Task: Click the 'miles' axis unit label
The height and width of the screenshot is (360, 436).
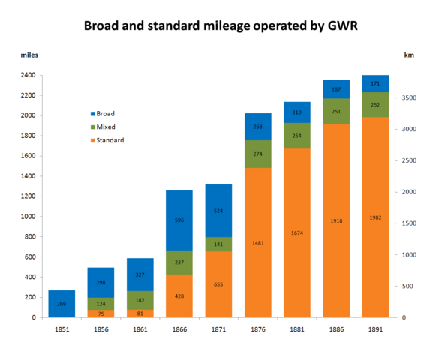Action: click(x=29, y=55)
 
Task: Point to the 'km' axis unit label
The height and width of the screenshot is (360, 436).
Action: click(x=409, y=55)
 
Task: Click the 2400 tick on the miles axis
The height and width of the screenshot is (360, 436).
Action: click(x=27, y=75)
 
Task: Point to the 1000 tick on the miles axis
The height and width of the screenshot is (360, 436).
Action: click(x=27, y=217)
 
